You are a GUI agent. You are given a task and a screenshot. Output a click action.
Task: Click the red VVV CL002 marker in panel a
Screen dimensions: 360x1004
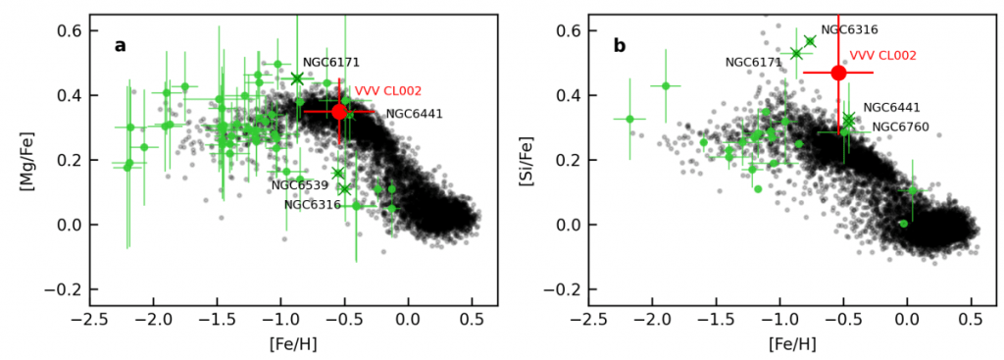point(340,112)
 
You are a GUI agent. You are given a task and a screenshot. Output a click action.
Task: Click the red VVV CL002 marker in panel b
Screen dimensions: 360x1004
point(838,73)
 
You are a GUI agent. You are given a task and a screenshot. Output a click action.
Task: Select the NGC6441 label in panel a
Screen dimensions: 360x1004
point(414,114)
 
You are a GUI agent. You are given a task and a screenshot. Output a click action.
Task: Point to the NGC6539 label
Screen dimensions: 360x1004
point(300,184)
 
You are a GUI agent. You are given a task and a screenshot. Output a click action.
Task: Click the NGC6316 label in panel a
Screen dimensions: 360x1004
point(312,205)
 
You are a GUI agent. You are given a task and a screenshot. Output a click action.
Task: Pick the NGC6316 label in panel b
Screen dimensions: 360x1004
point(849,29)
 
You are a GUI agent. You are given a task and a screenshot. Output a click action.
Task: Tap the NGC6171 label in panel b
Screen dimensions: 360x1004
point(753,63)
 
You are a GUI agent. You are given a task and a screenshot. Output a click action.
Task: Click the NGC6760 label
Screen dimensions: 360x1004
point(900,127)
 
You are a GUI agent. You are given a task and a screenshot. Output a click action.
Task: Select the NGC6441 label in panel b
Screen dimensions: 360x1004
point(891,107)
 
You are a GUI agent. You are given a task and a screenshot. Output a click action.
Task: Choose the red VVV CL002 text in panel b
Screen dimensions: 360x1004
point(882,56)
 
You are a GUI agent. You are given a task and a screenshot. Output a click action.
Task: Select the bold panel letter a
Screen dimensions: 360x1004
point(120,45)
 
